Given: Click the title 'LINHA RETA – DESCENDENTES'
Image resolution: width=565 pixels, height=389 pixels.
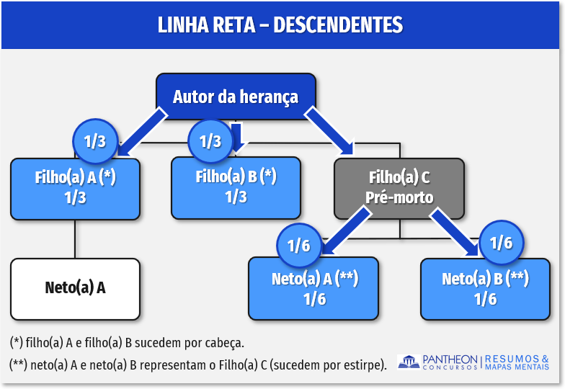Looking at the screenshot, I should click(280, 25).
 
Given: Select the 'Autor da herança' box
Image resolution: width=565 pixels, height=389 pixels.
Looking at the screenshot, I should click(236, 97).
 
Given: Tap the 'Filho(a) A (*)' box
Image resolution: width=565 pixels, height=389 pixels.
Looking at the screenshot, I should click(76, 188).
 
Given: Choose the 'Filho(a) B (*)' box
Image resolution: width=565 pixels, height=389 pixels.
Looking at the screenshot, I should click(236, 187).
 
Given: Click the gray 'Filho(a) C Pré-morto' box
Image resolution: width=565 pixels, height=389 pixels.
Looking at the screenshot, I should click(399, 187).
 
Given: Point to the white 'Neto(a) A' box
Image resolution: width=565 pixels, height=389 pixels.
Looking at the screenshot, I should click(76, 288).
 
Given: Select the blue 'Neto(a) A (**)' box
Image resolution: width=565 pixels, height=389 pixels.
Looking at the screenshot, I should click(314, 288).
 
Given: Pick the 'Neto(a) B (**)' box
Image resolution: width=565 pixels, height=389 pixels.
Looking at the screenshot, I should click(485, 288).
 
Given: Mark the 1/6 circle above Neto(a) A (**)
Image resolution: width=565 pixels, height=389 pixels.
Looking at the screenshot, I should click(298, 245).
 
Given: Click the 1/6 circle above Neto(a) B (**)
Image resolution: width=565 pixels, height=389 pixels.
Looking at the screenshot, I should click(501, 242).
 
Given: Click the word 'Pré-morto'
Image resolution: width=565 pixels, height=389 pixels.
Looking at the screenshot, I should click(399, 197).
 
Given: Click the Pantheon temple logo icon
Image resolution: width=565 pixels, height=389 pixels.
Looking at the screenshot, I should click(409, 362).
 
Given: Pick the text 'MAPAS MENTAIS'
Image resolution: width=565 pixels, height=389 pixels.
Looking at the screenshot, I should click(517, 367).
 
